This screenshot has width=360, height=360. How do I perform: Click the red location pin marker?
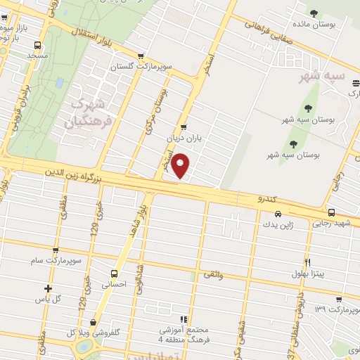[181, 166]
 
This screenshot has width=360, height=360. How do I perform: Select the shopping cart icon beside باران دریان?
[184, 128]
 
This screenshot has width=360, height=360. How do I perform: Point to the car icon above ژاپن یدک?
[278, 214]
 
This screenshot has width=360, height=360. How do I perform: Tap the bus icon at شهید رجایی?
[331, 212]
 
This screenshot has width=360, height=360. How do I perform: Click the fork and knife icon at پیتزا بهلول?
[307, 262]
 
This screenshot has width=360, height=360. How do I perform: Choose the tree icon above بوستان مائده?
[314, 12]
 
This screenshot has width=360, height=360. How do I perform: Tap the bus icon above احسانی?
[114, 274]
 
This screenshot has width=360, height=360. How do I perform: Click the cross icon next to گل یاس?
[48, 288]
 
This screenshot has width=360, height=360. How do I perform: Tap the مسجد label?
[37, 54]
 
